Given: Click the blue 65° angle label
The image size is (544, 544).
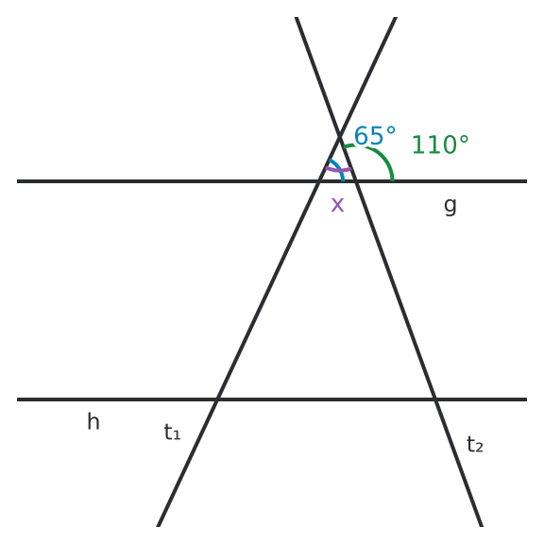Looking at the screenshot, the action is pyautogui.click(x=375, y=136).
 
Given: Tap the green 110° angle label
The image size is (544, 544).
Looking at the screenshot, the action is pyautogui.click(x=440, y=144).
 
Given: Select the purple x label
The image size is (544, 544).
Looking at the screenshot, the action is pyautogui.click(x=337, y=205).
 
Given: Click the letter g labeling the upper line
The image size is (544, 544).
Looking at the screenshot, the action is pyautogui.click(x=450, y=207).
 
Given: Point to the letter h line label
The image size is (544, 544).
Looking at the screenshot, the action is pyautogui.click(x=93, y=421).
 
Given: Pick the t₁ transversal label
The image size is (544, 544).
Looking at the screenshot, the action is pyautogui.click(x=172, y=432).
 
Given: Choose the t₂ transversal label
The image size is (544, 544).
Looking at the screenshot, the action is pyautogui.click(x=475, y=445).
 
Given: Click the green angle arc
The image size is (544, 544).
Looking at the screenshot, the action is pyautogui.click(x=378, y=154).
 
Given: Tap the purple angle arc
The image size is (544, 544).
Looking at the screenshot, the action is pyautogui.click(x=338, y=170).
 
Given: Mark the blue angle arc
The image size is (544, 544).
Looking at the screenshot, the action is pyautogui.click(x=339, y=168).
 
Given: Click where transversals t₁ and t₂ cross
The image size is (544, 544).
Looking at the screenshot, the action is pyautogui.click(x=340, y=137).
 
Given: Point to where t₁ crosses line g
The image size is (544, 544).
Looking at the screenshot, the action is pyautogui.click(x=319, y=181).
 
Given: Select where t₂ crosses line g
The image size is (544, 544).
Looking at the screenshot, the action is pyautogui.click(x=356, y=181).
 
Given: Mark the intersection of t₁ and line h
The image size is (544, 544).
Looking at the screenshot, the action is pyautogui.click(x=217, y=399).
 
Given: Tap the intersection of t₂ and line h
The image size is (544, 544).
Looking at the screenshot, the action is pyautogui.click(x=435, y=399).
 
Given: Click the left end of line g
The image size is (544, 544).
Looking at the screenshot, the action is pyautogui.click(x=17, y=181).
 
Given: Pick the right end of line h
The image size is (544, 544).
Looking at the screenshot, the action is pyautogui.click(x=527, y=399).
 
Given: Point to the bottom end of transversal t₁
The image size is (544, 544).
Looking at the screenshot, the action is pyautogui.click(x=159, y=526).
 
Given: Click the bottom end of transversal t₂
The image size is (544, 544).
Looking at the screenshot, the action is pyautogui.click(x=482, y=526).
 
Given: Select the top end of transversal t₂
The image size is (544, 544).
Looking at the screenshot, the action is pyautogui.click(x=297, y=17).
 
